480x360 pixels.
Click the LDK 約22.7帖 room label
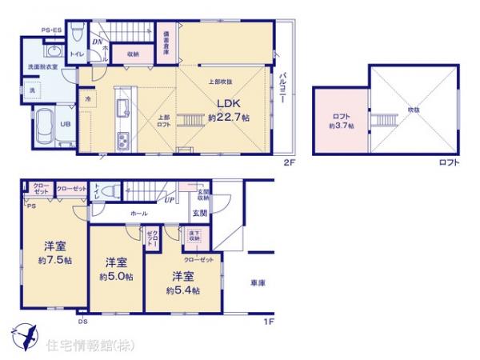[229, 110]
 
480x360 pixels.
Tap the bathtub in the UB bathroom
[43, 125]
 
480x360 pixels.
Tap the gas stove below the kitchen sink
[125, 142]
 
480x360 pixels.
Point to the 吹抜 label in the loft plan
[413, 110]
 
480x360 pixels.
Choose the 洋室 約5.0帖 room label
[116, 270]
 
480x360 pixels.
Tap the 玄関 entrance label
[199, 213]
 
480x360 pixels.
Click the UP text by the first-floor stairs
[169, 198]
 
